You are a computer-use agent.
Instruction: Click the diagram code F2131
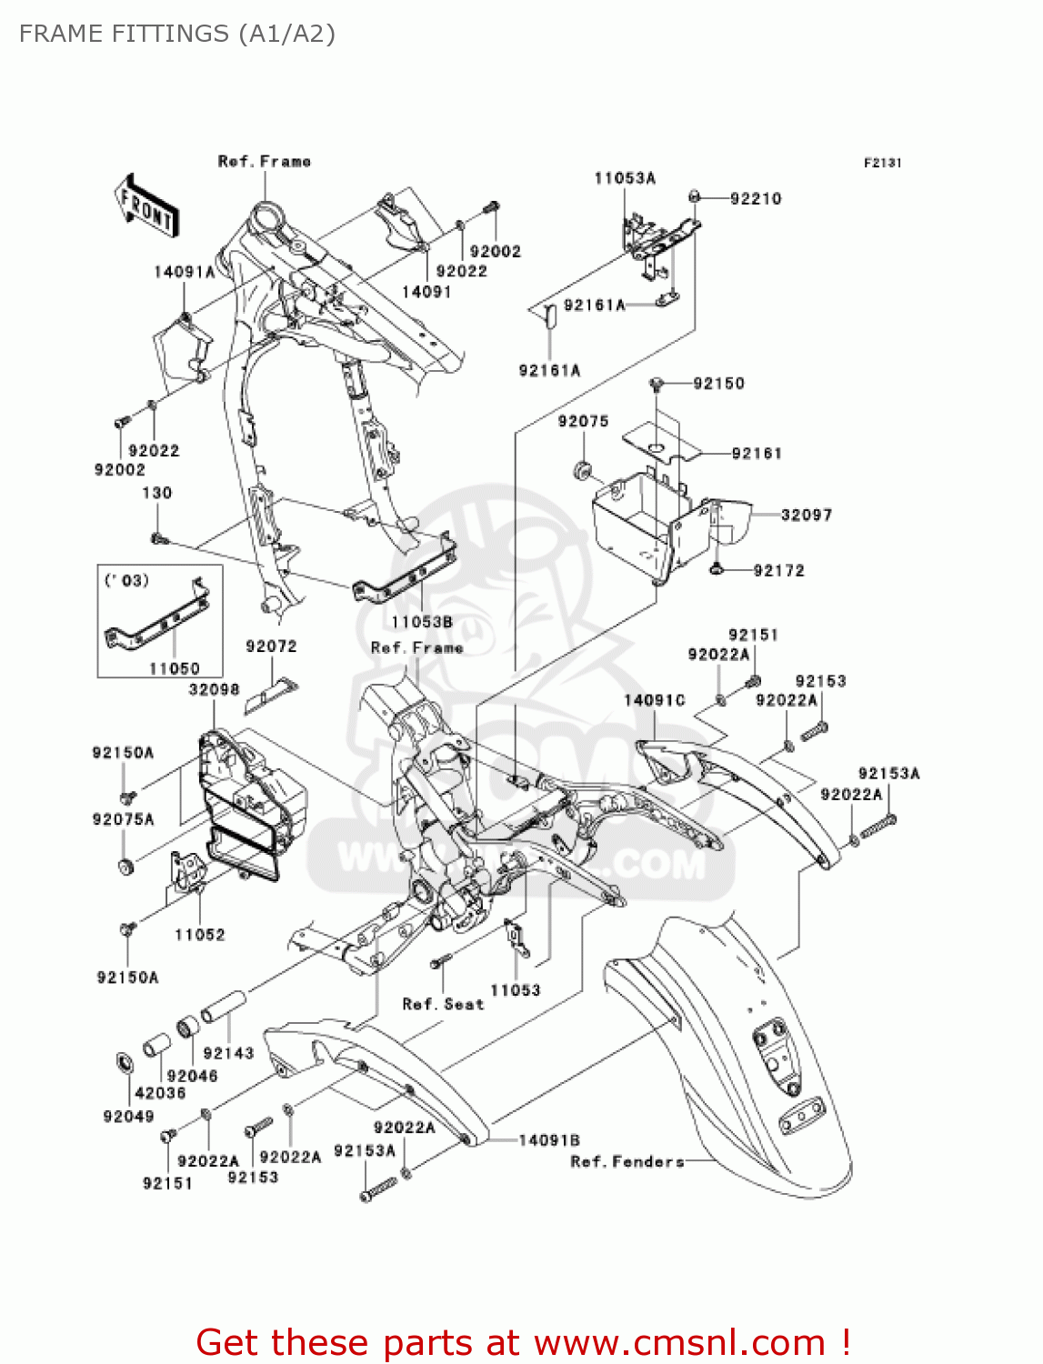click(882, 163)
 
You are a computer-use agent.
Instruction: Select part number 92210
click(756, 199)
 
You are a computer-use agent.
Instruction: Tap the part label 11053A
click(625, 178)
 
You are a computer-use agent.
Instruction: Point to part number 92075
click(583, 421)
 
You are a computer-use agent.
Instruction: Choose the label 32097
click(807, 515)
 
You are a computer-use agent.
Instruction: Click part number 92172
click(778, 570)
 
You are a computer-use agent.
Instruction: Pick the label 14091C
click(654, 700)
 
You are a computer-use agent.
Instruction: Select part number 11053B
click(422, 622)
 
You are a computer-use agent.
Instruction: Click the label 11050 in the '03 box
click(174, 668)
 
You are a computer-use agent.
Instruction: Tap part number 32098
click(214, 689)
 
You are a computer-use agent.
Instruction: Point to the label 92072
click(271, 647)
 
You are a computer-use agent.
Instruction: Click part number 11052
click(199, 935)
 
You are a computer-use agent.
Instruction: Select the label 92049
click(128, 1117)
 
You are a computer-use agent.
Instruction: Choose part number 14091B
click(549, 1140)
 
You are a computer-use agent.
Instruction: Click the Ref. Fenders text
click(627, 1161)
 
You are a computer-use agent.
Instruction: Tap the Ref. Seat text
click(443, 1004)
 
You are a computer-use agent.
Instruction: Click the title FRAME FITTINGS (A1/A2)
click(177, 34)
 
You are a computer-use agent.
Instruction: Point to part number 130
click(156, 493)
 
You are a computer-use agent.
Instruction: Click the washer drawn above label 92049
click(123, 1062)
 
